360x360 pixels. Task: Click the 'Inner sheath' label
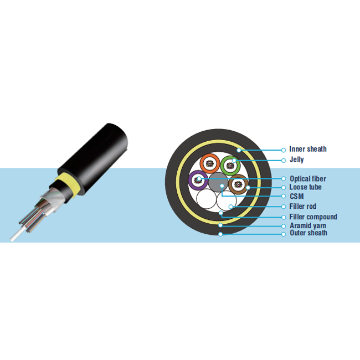point(307,149)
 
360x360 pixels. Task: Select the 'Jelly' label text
point(297,160)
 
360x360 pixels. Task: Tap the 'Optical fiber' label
point(307,179)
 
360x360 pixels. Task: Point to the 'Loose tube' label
point(305,187)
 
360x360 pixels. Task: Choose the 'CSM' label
point(297,196)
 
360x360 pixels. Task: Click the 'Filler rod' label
point(303,206)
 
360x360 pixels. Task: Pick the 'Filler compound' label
point(313,217)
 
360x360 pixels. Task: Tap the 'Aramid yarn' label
point(308,225)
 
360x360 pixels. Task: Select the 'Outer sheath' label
point(308,233)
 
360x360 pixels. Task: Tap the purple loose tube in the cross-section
point(190,180)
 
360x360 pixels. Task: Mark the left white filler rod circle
point(207,199)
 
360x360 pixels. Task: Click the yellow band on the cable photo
point(67,184)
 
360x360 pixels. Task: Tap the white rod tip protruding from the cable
point(12,239)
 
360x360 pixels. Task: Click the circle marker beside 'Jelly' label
point(284,161)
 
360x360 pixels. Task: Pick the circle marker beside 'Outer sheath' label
point(284,234)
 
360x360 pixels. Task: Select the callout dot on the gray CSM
point(222,186)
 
